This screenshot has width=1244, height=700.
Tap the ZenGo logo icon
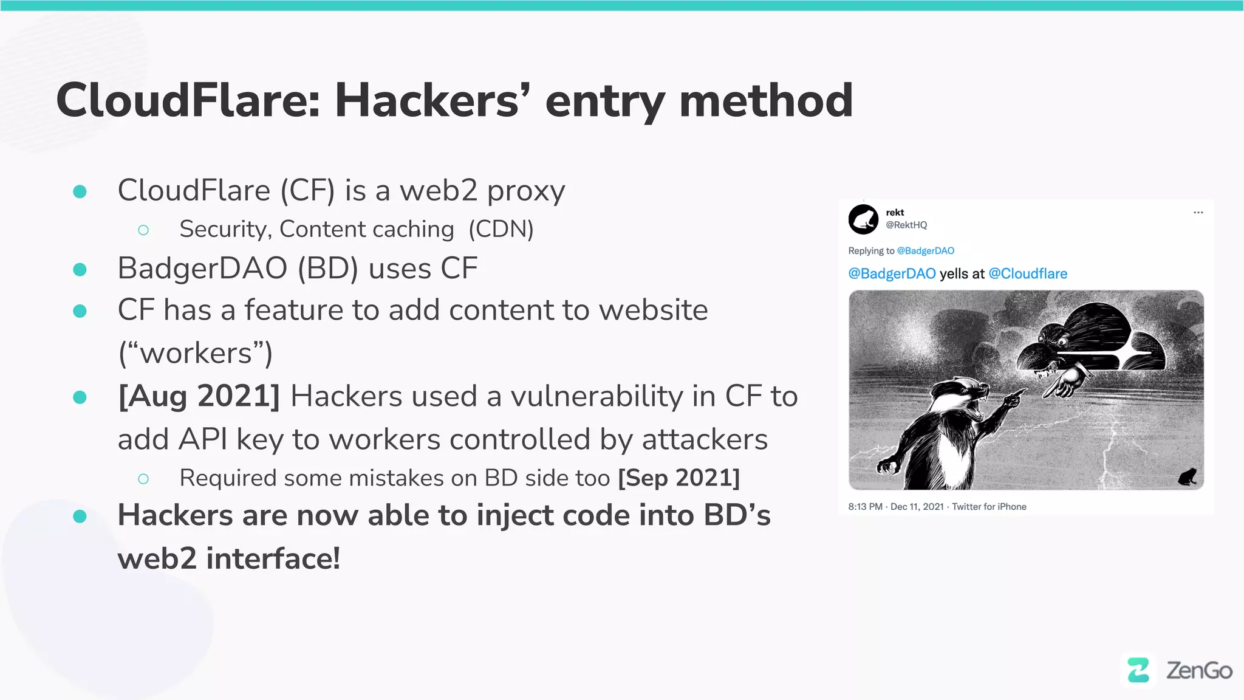point(1138,670)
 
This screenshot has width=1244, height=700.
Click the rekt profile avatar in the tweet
point(863,219)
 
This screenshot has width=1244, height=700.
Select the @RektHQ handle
point(906,225)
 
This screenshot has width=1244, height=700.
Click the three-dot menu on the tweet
point(1198,213)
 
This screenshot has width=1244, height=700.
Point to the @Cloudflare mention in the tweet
point(1028,274)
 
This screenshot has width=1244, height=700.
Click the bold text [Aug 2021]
point(199,396)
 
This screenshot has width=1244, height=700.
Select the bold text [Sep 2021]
point(679,478)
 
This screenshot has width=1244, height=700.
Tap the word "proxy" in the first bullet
point(526,191)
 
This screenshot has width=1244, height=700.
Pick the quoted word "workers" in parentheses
point(196,354)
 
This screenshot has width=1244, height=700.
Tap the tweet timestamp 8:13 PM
point(865,507)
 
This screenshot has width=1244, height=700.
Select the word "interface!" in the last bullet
point(273,559)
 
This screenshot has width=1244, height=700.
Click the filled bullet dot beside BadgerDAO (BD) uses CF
point(80,269)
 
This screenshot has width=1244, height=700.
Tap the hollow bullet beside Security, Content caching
point(143,230)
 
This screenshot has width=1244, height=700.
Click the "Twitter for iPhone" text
point(989,507)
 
